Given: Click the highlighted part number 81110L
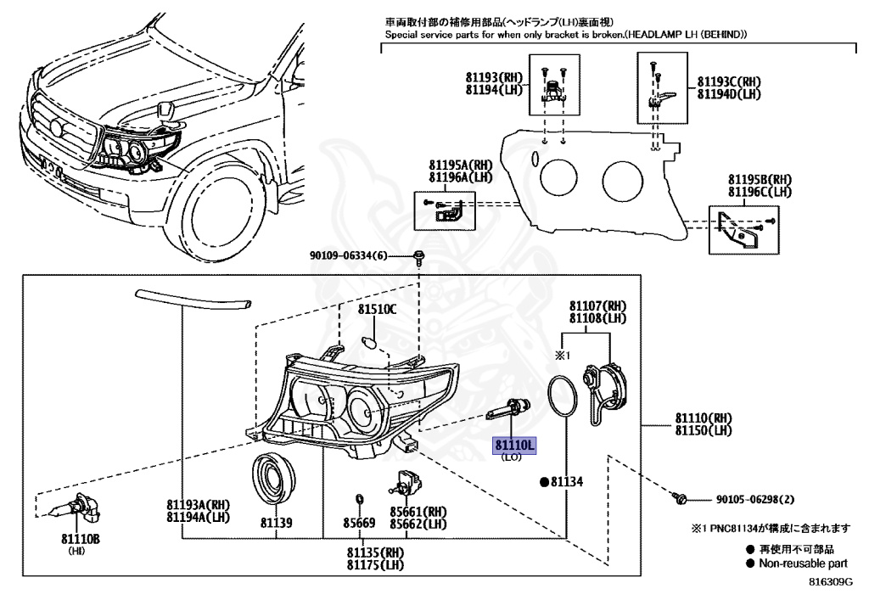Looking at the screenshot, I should [516, 445].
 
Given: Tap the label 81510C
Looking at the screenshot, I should [376, 310].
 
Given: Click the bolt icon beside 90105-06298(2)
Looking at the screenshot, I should [678, 499].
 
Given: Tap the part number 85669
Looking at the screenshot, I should [359, 524].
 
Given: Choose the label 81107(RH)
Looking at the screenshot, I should [597, 306].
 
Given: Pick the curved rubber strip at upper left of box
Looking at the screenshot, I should [194, 297].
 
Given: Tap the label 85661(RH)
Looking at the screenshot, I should [418, 512].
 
